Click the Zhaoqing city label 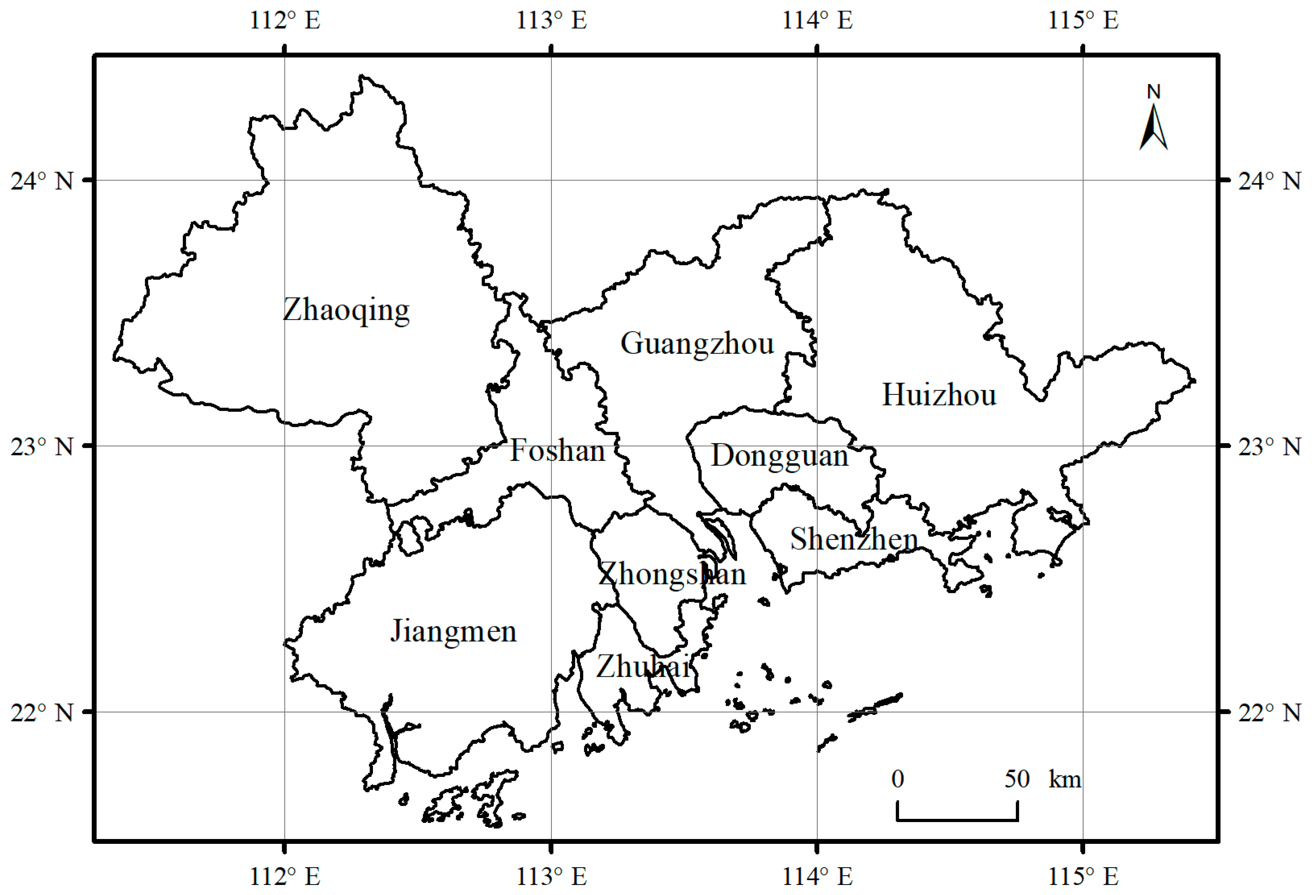346,310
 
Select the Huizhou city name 939,394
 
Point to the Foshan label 557,451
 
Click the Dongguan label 779,456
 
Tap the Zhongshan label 672,574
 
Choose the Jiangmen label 453,631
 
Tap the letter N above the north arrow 1153,91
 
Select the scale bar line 958,819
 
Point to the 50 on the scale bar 1017,779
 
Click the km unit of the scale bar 1065,780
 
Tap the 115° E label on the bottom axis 1083,876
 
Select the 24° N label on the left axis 42,181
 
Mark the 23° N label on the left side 42,447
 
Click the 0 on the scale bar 897,779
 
